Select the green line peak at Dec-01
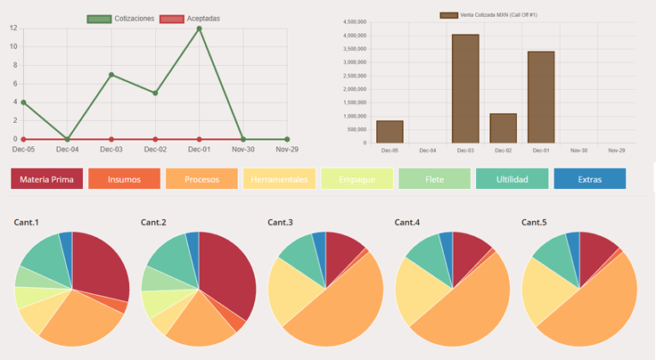pos(199,29)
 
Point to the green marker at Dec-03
pos(111,75)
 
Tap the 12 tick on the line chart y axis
pos(12,29)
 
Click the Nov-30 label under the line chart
pos(242,150)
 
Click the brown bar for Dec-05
pos(389,132)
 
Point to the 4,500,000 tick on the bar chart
pos(355,22)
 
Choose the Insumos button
pos(124,179)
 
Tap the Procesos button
pos(201,179)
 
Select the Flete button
pos(434,179)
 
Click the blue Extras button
pos(589,179)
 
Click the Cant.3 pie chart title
pos(280,222)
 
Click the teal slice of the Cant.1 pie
pos(42,255)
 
